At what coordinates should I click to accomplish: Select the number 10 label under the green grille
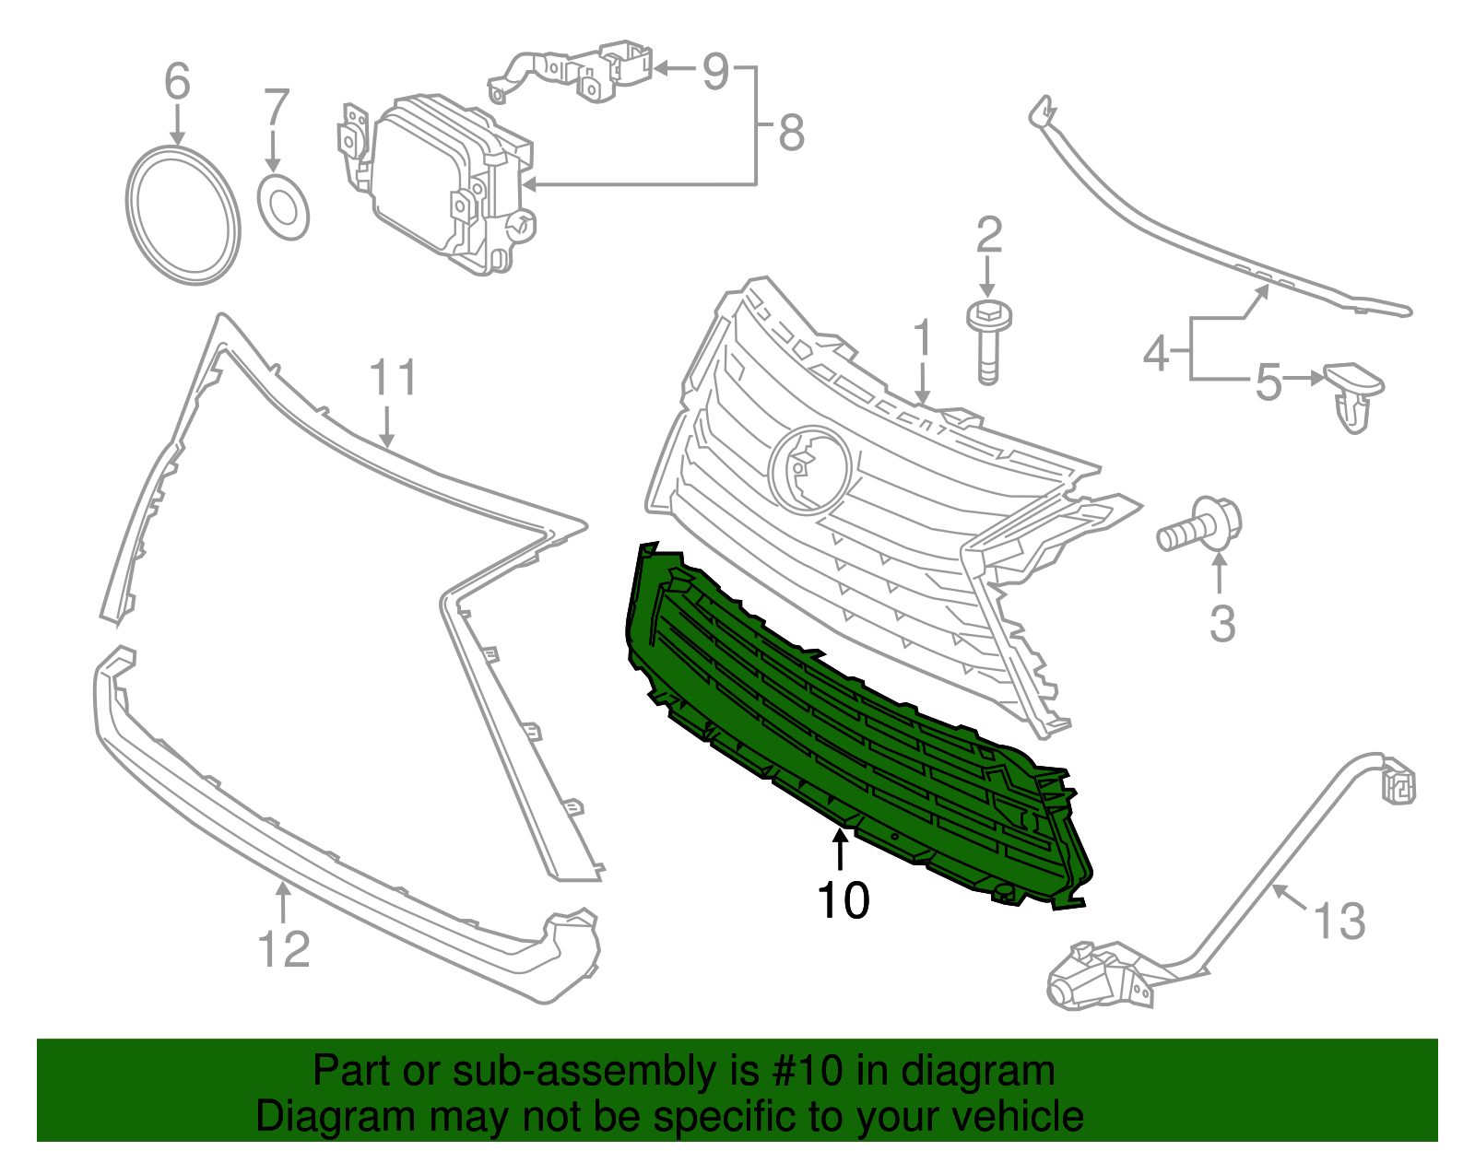coord(843,899)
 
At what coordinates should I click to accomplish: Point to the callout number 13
coord(1339,921)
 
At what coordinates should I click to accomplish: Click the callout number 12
coord(284,948)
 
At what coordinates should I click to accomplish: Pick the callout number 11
coord(393,378)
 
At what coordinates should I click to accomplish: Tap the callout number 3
coord(1221,624)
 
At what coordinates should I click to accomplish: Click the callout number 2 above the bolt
coord(988,235)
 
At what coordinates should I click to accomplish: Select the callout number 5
coord(1268,382)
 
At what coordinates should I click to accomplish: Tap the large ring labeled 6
coord(183,215)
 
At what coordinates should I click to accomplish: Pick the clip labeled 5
coord(1353,394)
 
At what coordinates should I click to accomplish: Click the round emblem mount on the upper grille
coord(809,469)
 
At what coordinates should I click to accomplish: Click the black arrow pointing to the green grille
coord(840,850)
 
